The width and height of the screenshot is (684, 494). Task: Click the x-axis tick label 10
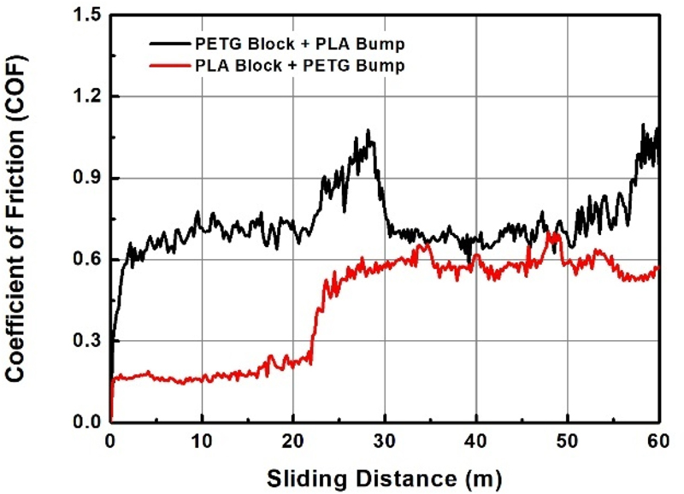(203, 441)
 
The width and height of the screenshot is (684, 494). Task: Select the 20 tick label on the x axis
(293, 441)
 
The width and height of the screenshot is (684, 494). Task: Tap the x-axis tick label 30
(385, 441)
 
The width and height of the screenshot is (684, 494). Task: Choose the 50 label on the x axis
(567, 441)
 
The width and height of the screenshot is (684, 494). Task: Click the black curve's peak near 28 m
(369, 131)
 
